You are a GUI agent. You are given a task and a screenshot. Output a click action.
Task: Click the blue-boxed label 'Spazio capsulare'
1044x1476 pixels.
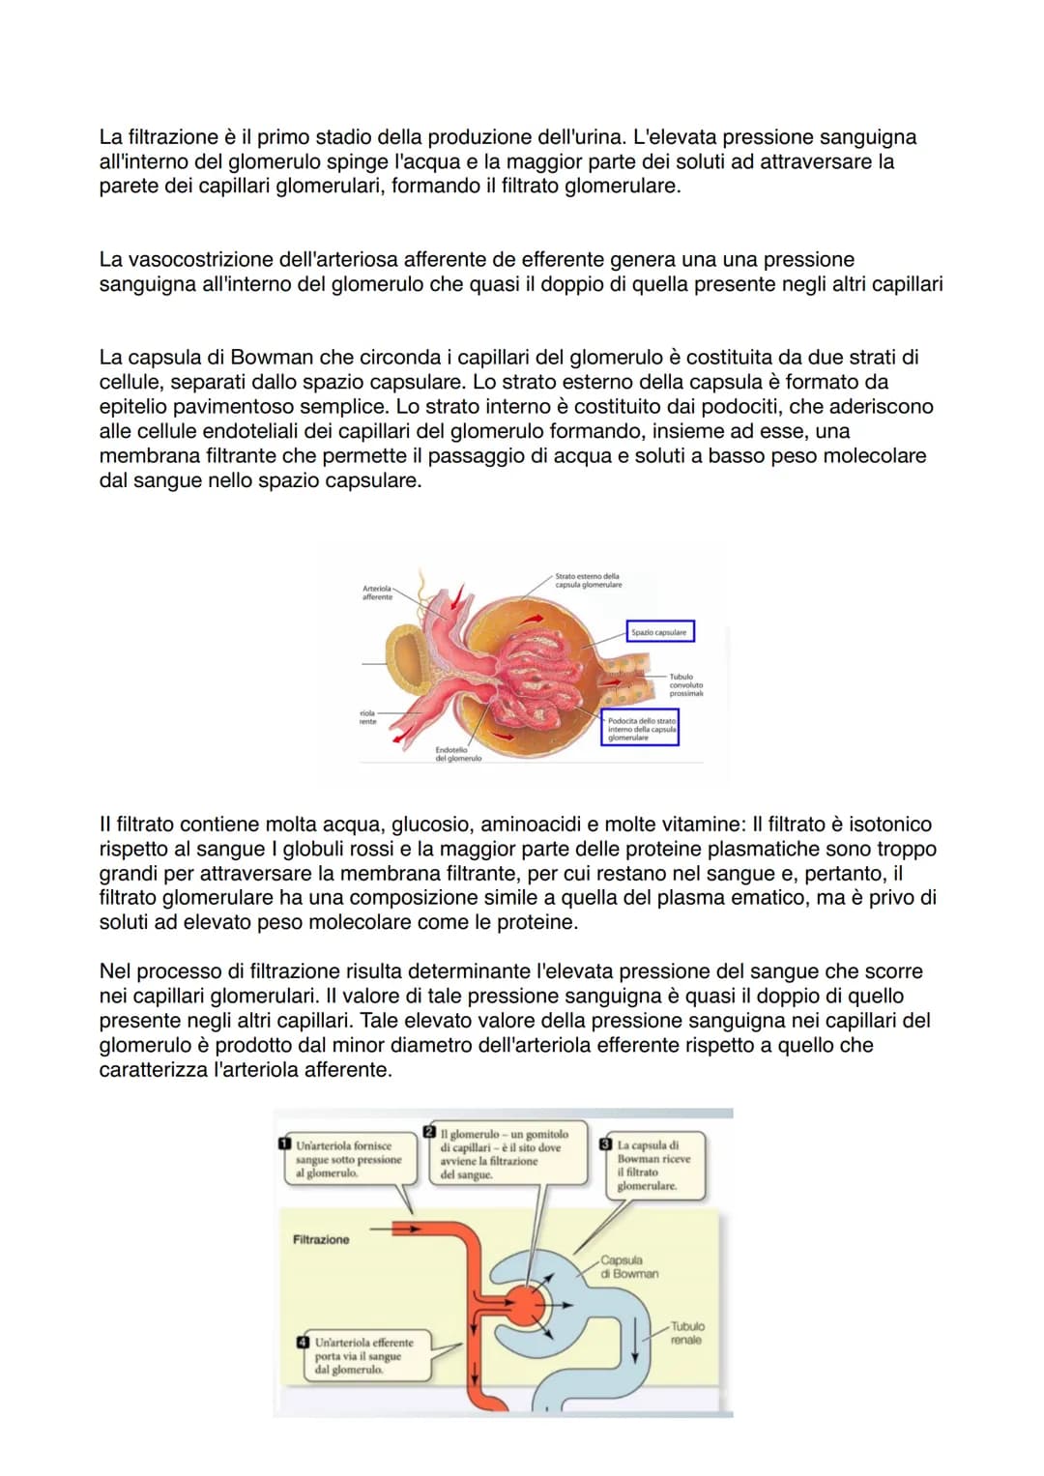click(659, 632)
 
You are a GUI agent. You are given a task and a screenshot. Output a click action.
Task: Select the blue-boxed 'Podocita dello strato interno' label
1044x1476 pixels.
click(642, 729)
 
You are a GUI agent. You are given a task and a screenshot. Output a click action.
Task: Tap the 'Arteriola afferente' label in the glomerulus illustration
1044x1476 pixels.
click(377, 593)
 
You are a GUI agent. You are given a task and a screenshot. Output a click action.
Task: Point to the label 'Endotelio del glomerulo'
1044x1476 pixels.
click(458, 754)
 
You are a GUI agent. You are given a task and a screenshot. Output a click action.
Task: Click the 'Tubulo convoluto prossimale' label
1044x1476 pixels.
click(685, 685)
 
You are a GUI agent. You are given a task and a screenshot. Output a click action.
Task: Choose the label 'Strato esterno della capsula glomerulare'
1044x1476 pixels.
click(588, 580)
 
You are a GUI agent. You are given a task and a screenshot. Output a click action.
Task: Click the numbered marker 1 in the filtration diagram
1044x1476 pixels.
click(284, 1143)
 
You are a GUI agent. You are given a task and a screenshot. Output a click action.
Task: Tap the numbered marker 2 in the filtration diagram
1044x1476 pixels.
click(430, 1132)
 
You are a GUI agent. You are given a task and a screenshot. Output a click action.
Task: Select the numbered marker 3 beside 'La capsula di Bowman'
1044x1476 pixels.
click(607, 1144)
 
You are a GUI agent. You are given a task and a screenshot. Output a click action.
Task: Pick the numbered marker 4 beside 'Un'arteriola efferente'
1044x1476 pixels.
click(304, 1342)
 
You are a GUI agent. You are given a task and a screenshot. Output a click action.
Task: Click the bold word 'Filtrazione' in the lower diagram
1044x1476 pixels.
click(321, 1239)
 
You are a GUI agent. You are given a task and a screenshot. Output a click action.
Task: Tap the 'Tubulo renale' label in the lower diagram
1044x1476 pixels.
click(686, 1333)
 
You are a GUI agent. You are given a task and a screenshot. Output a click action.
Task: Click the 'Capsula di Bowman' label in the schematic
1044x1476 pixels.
click(628, 1266)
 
